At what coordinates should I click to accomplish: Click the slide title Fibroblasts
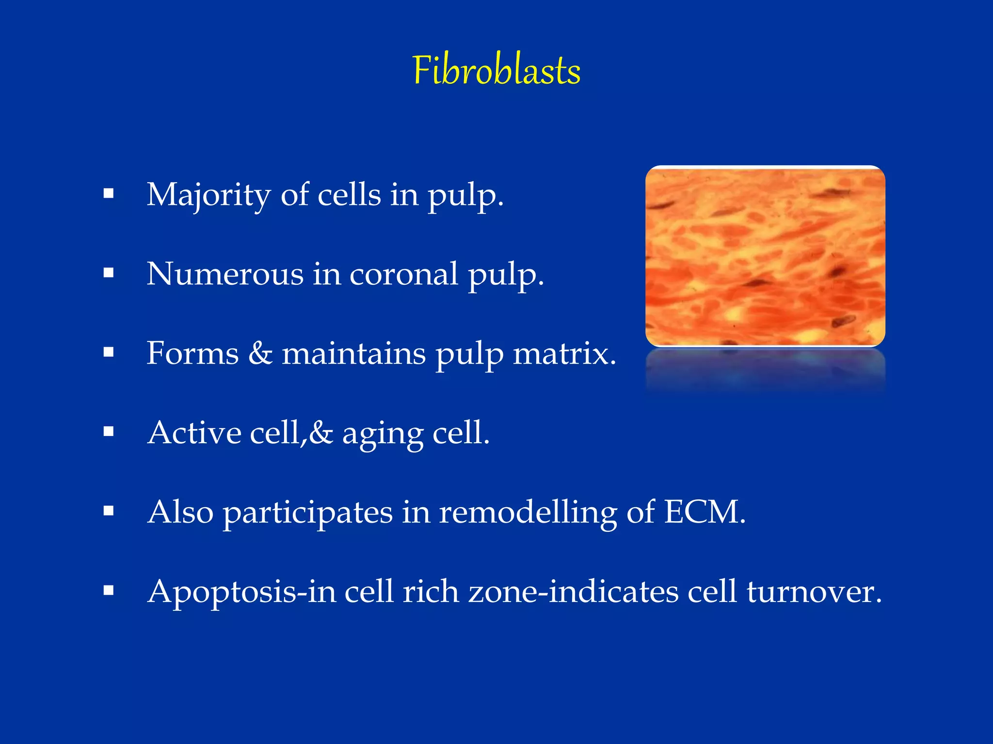tap(496, 71)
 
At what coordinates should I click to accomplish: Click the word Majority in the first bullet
tap(209, 195)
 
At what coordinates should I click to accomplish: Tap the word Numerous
tap(224, 274)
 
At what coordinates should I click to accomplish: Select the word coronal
tap(403, 274)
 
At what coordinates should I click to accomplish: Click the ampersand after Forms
tap(260, 353)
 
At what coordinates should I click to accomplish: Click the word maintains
tap(353, 353)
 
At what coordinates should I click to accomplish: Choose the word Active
tap(194, 433)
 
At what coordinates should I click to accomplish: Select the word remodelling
tap(528, 512)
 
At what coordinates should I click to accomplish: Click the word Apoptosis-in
tap(241, 592)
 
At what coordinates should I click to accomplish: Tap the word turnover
tap(814, 592)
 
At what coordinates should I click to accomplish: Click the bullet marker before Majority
tap(109, 194)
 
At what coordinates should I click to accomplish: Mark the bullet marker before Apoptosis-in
tap(109, 590)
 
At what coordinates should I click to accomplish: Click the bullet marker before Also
tap(109, 511)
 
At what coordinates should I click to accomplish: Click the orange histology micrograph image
tap(765, 256)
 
